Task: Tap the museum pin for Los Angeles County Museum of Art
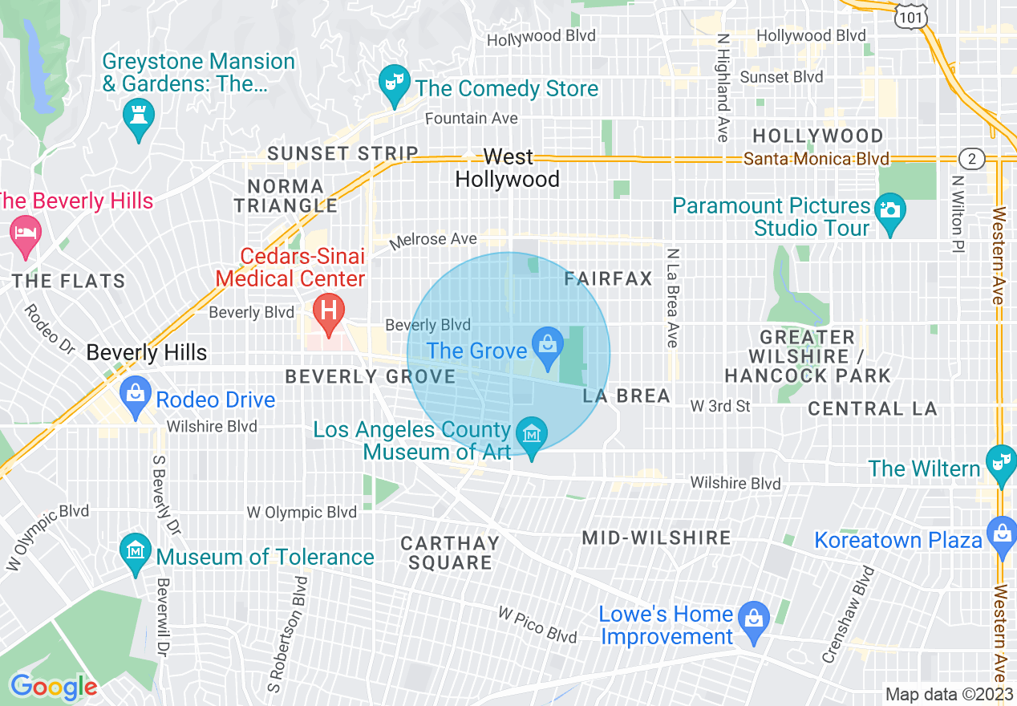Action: [530, 436]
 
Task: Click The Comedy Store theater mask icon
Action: [393, 84]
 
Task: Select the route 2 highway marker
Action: [971, 158]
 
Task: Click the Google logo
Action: [53, 687]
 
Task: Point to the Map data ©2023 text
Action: [946, 694]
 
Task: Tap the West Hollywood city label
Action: [508, 168]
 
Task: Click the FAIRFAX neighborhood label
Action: [609, 279]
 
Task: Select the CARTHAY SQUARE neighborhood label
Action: [450, 553]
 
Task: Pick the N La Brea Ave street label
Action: [672, 298]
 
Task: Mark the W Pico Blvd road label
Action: [537, 625]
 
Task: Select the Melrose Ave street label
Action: [433, 240]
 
